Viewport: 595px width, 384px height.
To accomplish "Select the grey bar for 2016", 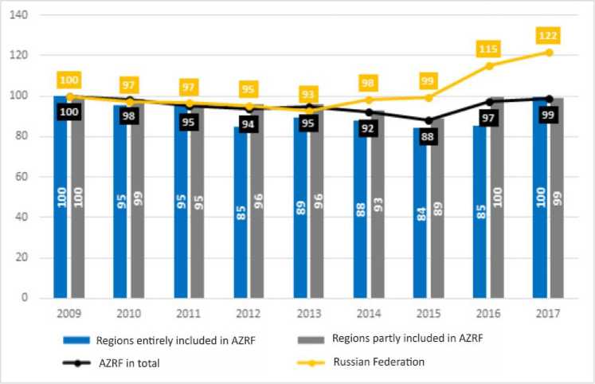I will click(x=497, y=199).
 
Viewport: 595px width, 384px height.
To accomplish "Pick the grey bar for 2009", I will click(x=78, y=199).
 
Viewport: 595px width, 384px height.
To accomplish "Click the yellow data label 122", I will click(x=548, y=36).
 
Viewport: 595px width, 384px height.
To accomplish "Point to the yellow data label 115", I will click(x=489, y=49).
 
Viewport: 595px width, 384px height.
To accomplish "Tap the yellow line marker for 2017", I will click(x=548, y=53).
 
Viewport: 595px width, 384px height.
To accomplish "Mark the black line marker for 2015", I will click(x=429, y=120).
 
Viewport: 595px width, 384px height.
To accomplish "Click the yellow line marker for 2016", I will click(x=489, y=66).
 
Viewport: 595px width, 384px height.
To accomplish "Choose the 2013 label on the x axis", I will click(x=309, y=312).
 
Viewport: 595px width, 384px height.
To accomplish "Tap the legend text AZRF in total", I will click(x=135, y=362).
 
